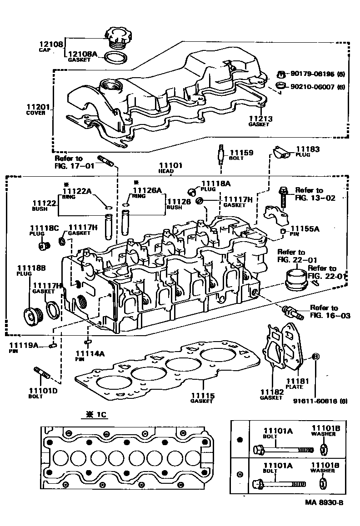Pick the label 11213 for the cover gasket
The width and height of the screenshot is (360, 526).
click(x=261, y=119)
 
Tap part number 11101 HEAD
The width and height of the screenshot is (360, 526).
click(x=170, y=165)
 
